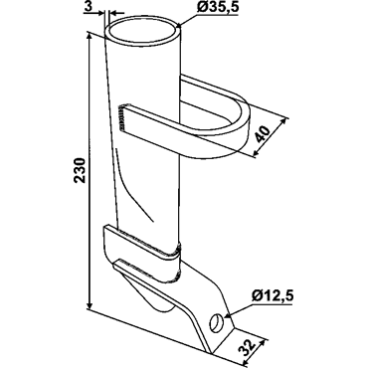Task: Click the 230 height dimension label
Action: [81, 170]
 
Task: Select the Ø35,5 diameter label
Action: [218, 8]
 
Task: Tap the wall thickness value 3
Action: [88, 7]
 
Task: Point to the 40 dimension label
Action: [262, 133]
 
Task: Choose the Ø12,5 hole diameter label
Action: [273, 296]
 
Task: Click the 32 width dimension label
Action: [248, 348]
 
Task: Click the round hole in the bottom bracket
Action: [216, 322]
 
